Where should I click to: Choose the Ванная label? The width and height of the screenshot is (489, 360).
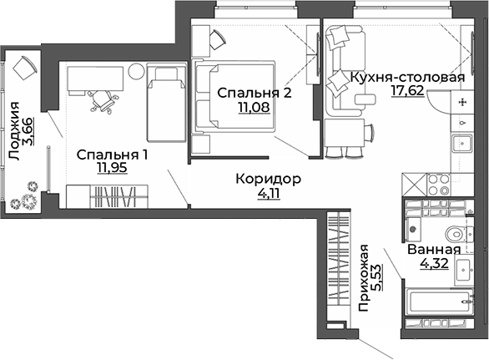pos(434,250)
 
